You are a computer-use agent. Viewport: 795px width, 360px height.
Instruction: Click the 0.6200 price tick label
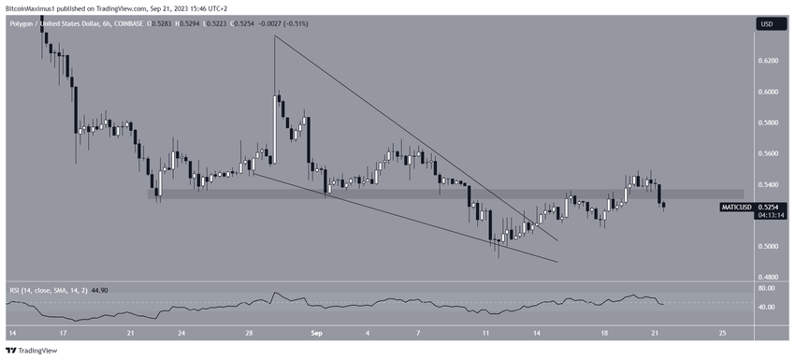[x=768, y=61]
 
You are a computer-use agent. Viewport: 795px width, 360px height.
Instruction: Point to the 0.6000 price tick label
[x=768, y=92]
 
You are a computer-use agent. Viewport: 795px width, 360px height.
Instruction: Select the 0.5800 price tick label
[x=768, y=122]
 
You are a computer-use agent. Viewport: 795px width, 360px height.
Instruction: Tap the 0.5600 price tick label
[x=768, y=153]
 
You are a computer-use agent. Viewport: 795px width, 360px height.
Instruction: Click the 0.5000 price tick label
[x=768, y=247]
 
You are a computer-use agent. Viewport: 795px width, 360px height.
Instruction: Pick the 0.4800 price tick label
[x=768, y=278]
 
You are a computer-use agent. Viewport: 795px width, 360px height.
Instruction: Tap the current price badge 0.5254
[x=769, y=206]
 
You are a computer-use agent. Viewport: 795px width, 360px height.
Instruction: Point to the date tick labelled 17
[x=63, y=333]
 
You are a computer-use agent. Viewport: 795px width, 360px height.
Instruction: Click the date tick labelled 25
[x=722, y=333]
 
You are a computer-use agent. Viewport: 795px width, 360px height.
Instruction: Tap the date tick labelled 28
[x=248, y=333]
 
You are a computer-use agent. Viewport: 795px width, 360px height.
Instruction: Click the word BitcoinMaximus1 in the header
[x=34, y=7]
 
